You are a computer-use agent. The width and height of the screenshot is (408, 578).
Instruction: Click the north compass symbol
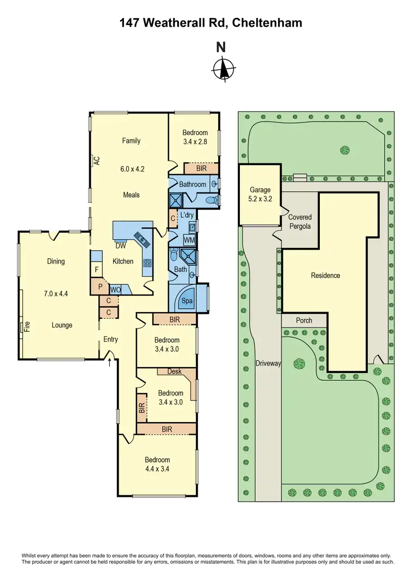pyautogui.click(x=222, y=69)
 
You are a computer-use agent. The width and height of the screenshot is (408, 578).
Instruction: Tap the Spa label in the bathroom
pyautogui.click(x=187, y=300)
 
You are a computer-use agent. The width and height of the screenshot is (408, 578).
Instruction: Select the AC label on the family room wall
pyautogui.click(x=96, y=161)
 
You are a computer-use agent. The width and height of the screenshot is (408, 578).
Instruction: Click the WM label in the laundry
pyautogui.click(x=188, y=240)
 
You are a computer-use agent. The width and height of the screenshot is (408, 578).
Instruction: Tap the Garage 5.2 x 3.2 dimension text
pyautogui.click(x=260, y=199)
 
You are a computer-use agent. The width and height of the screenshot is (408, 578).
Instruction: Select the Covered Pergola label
pyautogui.click(x=300, y=221)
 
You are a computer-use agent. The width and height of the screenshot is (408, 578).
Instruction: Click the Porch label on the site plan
pyautogui.click(x=304, y=320)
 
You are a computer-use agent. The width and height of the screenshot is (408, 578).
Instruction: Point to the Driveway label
pyautogui.click(x=268, y=363)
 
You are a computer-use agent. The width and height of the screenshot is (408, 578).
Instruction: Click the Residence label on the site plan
pyautogui.click(x=325, y=275)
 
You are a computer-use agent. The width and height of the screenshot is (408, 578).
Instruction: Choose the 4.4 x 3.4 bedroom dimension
pyautogui.click(x=157, y=468)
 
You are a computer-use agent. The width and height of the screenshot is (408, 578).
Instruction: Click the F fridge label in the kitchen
pyautogui.click(x=96, y=270)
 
